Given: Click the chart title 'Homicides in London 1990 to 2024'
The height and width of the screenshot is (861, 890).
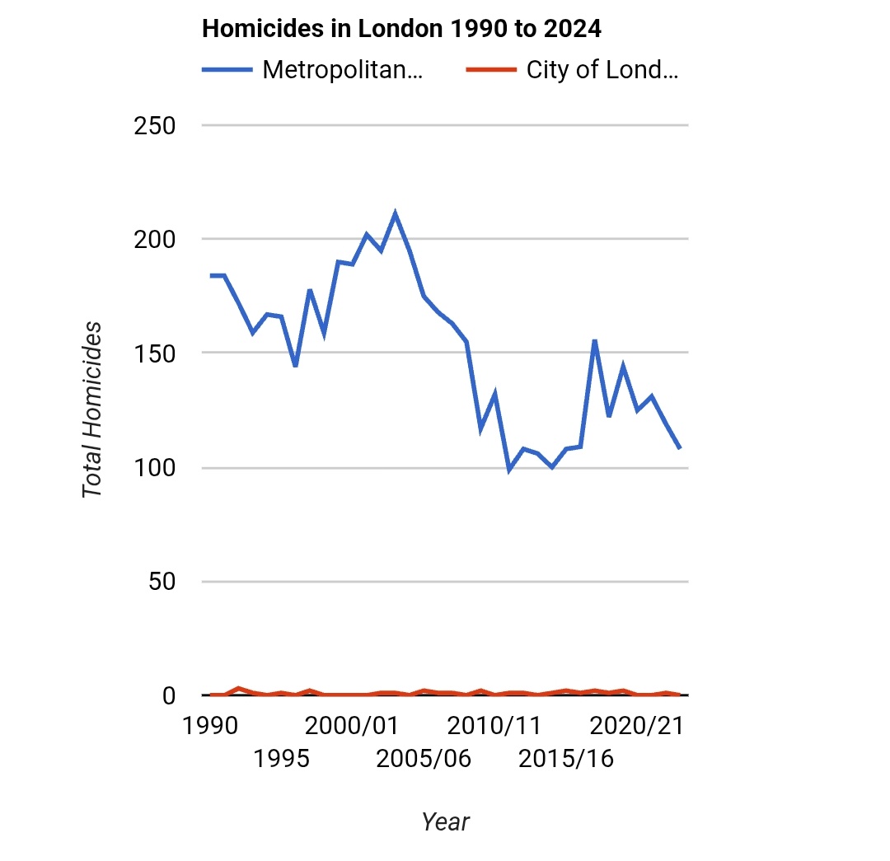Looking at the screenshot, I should (401, 29).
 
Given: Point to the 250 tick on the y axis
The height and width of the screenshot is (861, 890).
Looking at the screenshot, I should (156, 126).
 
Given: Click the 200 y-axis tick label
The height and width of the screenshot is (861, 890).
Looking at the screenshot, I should (156, 240).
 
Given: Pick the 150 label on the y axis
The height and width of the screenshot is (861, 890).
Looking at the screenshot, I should (156, 353).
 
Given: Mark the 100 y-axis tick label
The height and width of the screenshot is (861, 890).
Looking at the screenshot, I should (156, 468).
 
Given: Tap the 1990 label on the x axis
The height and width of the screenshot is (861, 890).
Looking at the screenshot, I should (211, 726).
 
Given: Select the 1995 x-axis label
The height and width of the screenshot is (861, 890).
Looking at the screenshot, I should (282, 757).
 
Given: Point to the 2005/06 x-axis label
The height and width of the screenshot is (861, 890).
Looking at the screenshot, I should (424, 757).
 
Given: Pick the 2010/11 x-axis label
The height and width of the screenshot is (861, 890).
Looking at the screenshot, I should (494, 726).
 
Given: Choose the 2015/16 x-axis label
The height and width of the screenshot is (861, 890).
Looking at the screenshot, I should (566, 757).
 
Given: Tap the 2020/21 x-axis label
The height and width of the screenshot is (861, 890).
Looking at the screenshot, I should (637, 726).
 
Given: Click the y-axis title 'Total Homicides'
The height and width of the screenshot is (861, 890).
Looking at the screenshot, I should (93, 409).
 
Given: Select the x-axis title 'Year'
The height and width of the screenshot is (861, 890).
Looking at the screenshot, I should (445, 821).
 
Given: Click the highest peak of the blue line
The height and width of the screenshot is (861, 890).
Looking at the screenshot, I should (396, 214).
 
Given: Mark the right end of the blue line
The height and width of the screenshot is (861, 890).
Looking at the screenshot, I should (680, 448).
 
